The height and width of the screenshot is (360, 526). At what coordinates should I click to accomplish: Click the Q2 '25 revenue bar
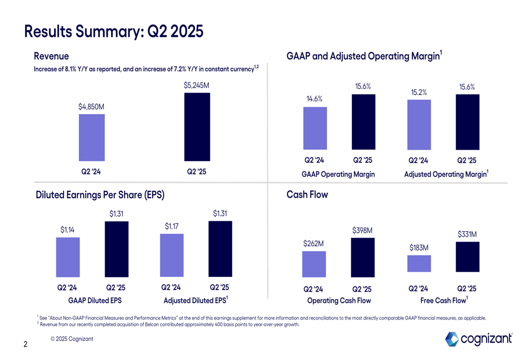pyautogui.click(x=197, y=127)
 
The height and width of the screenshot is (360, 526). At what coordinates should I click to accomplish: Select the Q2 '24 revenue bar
pyautogui.click(x=92, y=138)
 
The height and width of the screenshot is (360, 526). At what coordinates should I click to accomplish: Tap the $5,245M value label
pyautogui.click(x=197, y=85)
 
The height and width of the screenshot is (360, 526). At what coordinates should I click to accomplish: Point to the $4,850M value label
pyautogui.click(x=92, y=107)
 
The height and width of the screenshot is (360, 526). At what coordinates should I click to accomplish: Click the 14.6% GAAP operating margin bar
pyautogui.click(x=315, y=128)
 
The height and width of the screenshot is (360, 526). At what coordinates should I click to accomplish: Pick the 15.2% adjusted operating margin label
pyautogui.click(x=419, y=92)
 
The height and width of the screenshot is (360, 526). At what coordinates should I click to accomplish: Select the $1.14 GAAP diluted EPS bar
pyautogui.click(x=68, y=257)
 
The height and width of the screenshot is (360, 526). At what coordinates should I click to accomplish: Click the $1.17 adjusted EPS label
pyautogui.click(x=171, y=227)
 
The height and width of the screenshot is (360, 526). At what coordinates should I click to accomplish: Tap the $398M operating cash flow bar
pyautogui.click(x=362, y=257)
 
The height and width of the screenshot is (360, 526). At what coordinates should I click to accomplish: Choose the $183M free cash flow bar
pyautogui.click(x=419, y=264)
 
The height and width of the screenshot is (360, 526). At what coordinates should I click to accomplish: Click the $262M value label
pyautogui.click(x=313, y=244)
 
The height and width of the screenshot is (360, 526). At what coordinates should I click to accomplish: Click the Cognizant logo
pyautogui.click(x=478, y=339)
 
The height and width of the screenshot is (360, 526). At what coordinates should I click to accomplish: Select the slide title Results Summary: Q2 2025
pyautogui.click(x=114, y=31)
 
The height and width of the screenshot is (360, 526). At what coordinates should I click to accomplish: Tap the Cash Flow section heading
pyautogui.click(x=307, y=195)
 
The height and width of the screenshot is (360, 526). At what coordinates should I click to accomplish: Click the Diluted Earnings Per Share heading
pyautogui.click(x=100, y=195)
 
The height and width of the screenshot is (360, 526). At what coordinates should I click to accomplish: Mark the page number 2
pyautogui.click(x=25, y=345)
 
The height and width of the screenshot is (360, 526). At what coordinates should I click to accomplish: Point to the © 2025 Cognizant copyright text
pyautogui.click(x=72, y=339)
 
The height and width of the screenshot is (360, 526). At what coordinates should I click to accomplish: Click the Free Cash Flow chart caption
pyautogui.click(x=444, y=301)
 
